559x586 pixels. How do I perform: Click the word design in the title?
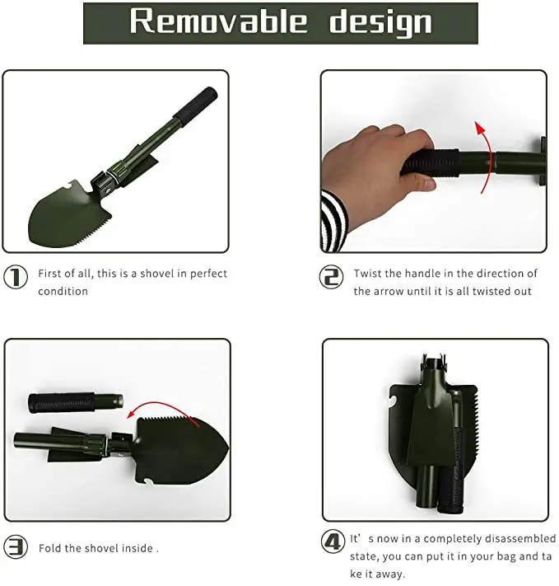pyautogui.click(x=380, y=22)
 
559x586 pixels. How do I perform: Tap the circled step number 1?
pyautogui.click(x=16, y=278)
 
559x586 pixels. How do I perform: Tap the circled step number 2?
pyautogui.click(x=331, y=278)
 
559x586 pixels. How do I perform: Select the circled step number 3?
pyautogui.click(x=16, y=546)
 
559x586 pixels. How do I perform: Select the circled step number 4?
pyautogui.click(x=332, y=542)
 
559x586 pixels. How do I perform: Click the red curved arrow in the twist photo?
pyautogui.click(x=483, y=157)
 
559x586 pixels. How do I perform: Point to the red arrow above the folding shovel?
pyautogui.click(x=168, y=409)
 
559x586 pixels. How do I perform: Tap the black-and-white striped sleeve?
pyautogui.click(x=334, y=221)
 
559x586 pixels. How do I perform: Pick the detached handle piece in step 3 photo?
pyautogui.click(x=74, y=403)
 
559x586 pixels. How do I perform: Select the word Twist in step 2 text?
pyautogui.click(x=368, y=274)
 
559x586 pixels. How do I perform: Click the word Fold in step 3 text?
pyautogui.click(x=50, y=548)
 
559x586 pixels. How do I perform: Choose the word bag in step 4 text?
pyautogui.click(x=499, y=557)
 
